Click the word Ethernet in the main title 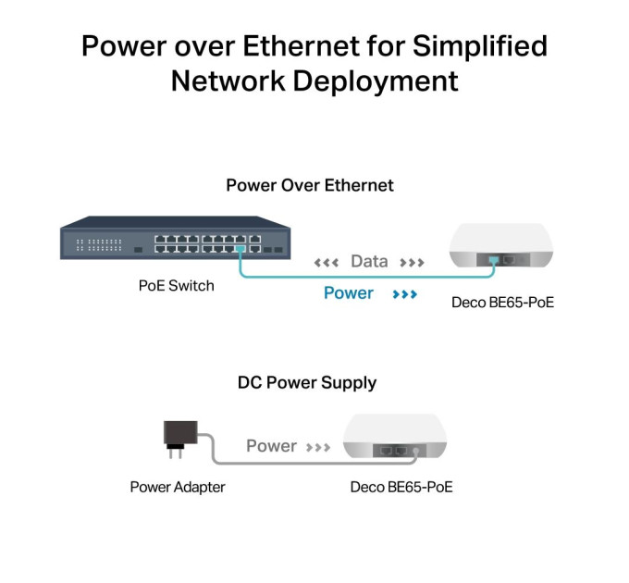coord(302,45)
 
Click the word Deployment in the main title coord(376,81)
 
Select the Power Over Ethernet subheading coord(310,185)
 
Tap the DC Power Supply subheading coord(307,383)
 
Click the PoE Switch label coord(176,286)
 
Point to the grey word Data coord(369,262)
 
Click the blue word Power coord(348,293)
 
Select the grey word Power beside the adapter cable coord(271,446)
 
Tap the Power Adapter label coord(178,488)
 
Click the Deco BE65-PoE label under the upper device coord(502,303)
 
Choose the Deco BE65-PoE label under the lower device coord(401,487)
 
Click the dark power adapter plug coord(180,439)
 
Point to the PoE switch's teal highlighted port coord(240,249)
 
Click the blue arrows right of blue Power coord(405,294)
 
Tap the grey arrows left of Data coord(327,263)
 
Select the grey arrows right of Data coord(412,263)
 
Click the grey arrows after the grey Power coord(318,447)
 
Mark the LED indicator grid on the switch coord(99,244)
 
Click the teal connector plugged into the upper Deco coord(494,260)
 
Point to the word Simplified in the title coord(480,46)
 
